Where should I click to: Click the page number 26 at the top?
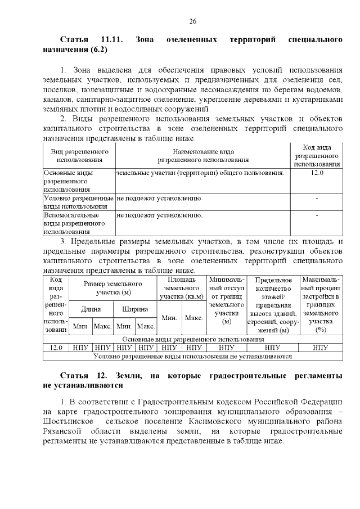[x=192, y=21]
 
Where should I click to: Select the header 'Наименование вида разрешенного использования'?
[x=203, y=156]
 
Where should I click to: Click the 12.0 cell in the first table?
[x=317, y=173]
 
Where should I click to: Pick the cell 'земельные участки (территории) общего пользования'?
[x=200, y=173]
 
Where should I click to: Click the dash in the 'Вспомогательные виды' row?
[x=317, y=215]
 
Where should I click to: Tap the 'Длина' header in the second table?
[x=91, y=309]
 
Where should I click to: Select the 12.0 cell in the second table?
[x=56, y=348]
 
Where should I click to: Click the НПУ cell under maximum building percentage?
[x=320, y=348]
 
